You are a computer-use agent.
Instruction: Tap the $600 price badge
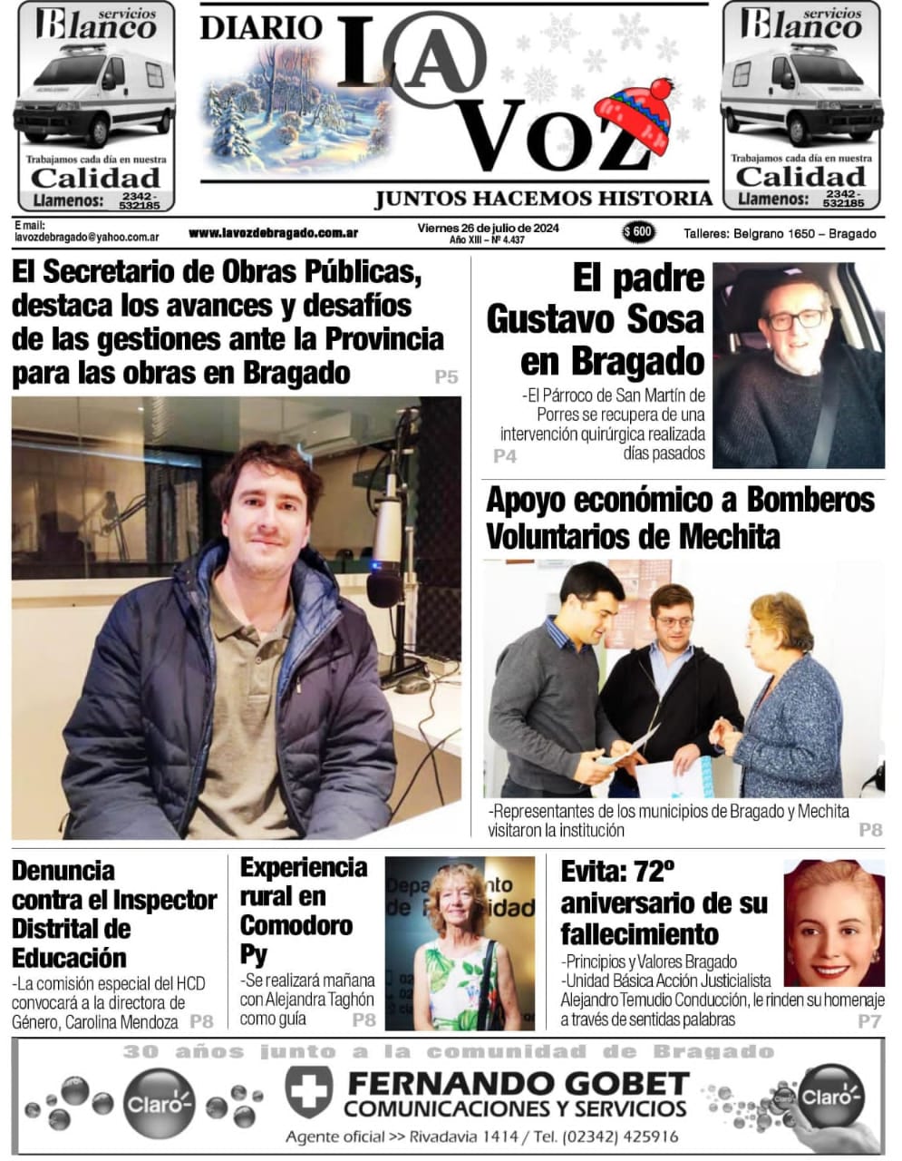[x=638, y=232]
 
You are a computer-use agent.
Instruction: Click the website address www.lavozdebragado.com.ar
[x=273, y=233]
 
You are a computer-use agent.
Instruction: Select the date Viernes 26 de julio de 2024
[x=488, y=228]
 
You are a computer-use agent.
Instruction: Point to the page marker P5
[x=446, y=377]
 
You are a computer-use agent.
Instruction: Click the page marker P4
[x=505, y=456]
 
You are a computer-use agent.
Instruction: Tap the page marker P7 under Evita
[x=869, y=1022]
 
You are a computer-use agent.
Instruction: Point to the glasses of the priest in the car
[x=795, y=318]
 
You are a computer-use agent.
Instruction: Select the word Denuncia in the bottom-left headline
[x=63, y=871]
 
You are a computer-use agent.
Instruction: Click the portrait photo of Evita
[x=833, y=922]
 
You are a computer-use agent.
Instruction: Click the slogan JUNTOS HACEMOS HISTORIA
[x=544, y=199]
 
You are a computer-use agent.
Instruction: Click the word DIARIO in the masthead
[x=260, y=27]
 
